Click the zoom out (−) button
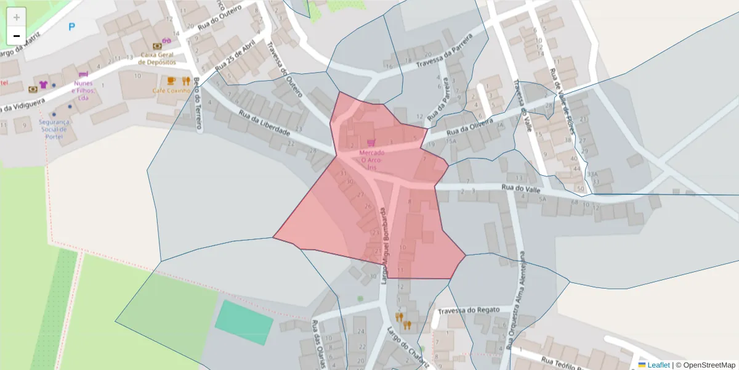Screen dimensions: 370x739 click(x=17, y=36)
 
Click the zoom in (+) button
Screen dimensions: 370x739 click(x=17, y=17)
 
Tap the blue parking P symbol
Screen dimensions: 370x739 click(x=72, y=27)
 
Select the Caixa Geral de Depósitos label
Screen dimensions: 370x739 click(x=158, y=59)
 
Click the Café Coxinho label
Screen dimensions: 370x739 click(x=170, y=91)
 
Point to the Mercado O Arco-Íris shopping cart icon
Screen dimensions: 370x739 click(x=371, y=142)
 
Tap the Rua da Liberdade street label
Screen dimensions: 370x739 click(x=264, y=123)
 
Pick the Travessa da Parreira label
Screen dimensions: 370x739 click(x=443, y=51)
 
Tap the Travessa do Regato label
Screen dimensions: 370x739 click(x=476, y=308)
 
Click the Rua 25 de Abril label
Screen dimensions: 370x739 click(x=236, y=59)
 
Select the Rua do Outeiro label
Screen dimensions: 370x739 click(x=220, y=18)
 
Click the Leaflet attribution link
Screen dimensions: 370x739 click(x=658, y=365)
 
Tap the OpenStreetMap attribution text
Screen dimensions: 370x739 click(x=706, y=365)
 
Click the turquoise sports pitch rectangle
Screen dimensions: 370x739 click(x=244, y=322)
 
